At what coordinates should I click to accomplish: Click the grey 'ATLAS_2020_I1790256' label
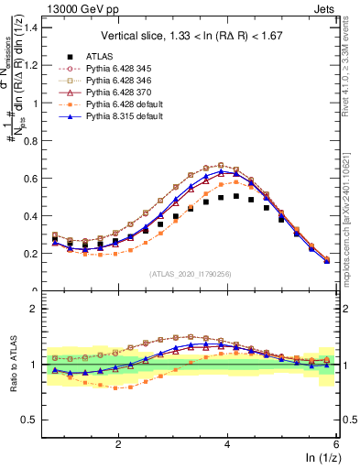click(189, 274)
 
